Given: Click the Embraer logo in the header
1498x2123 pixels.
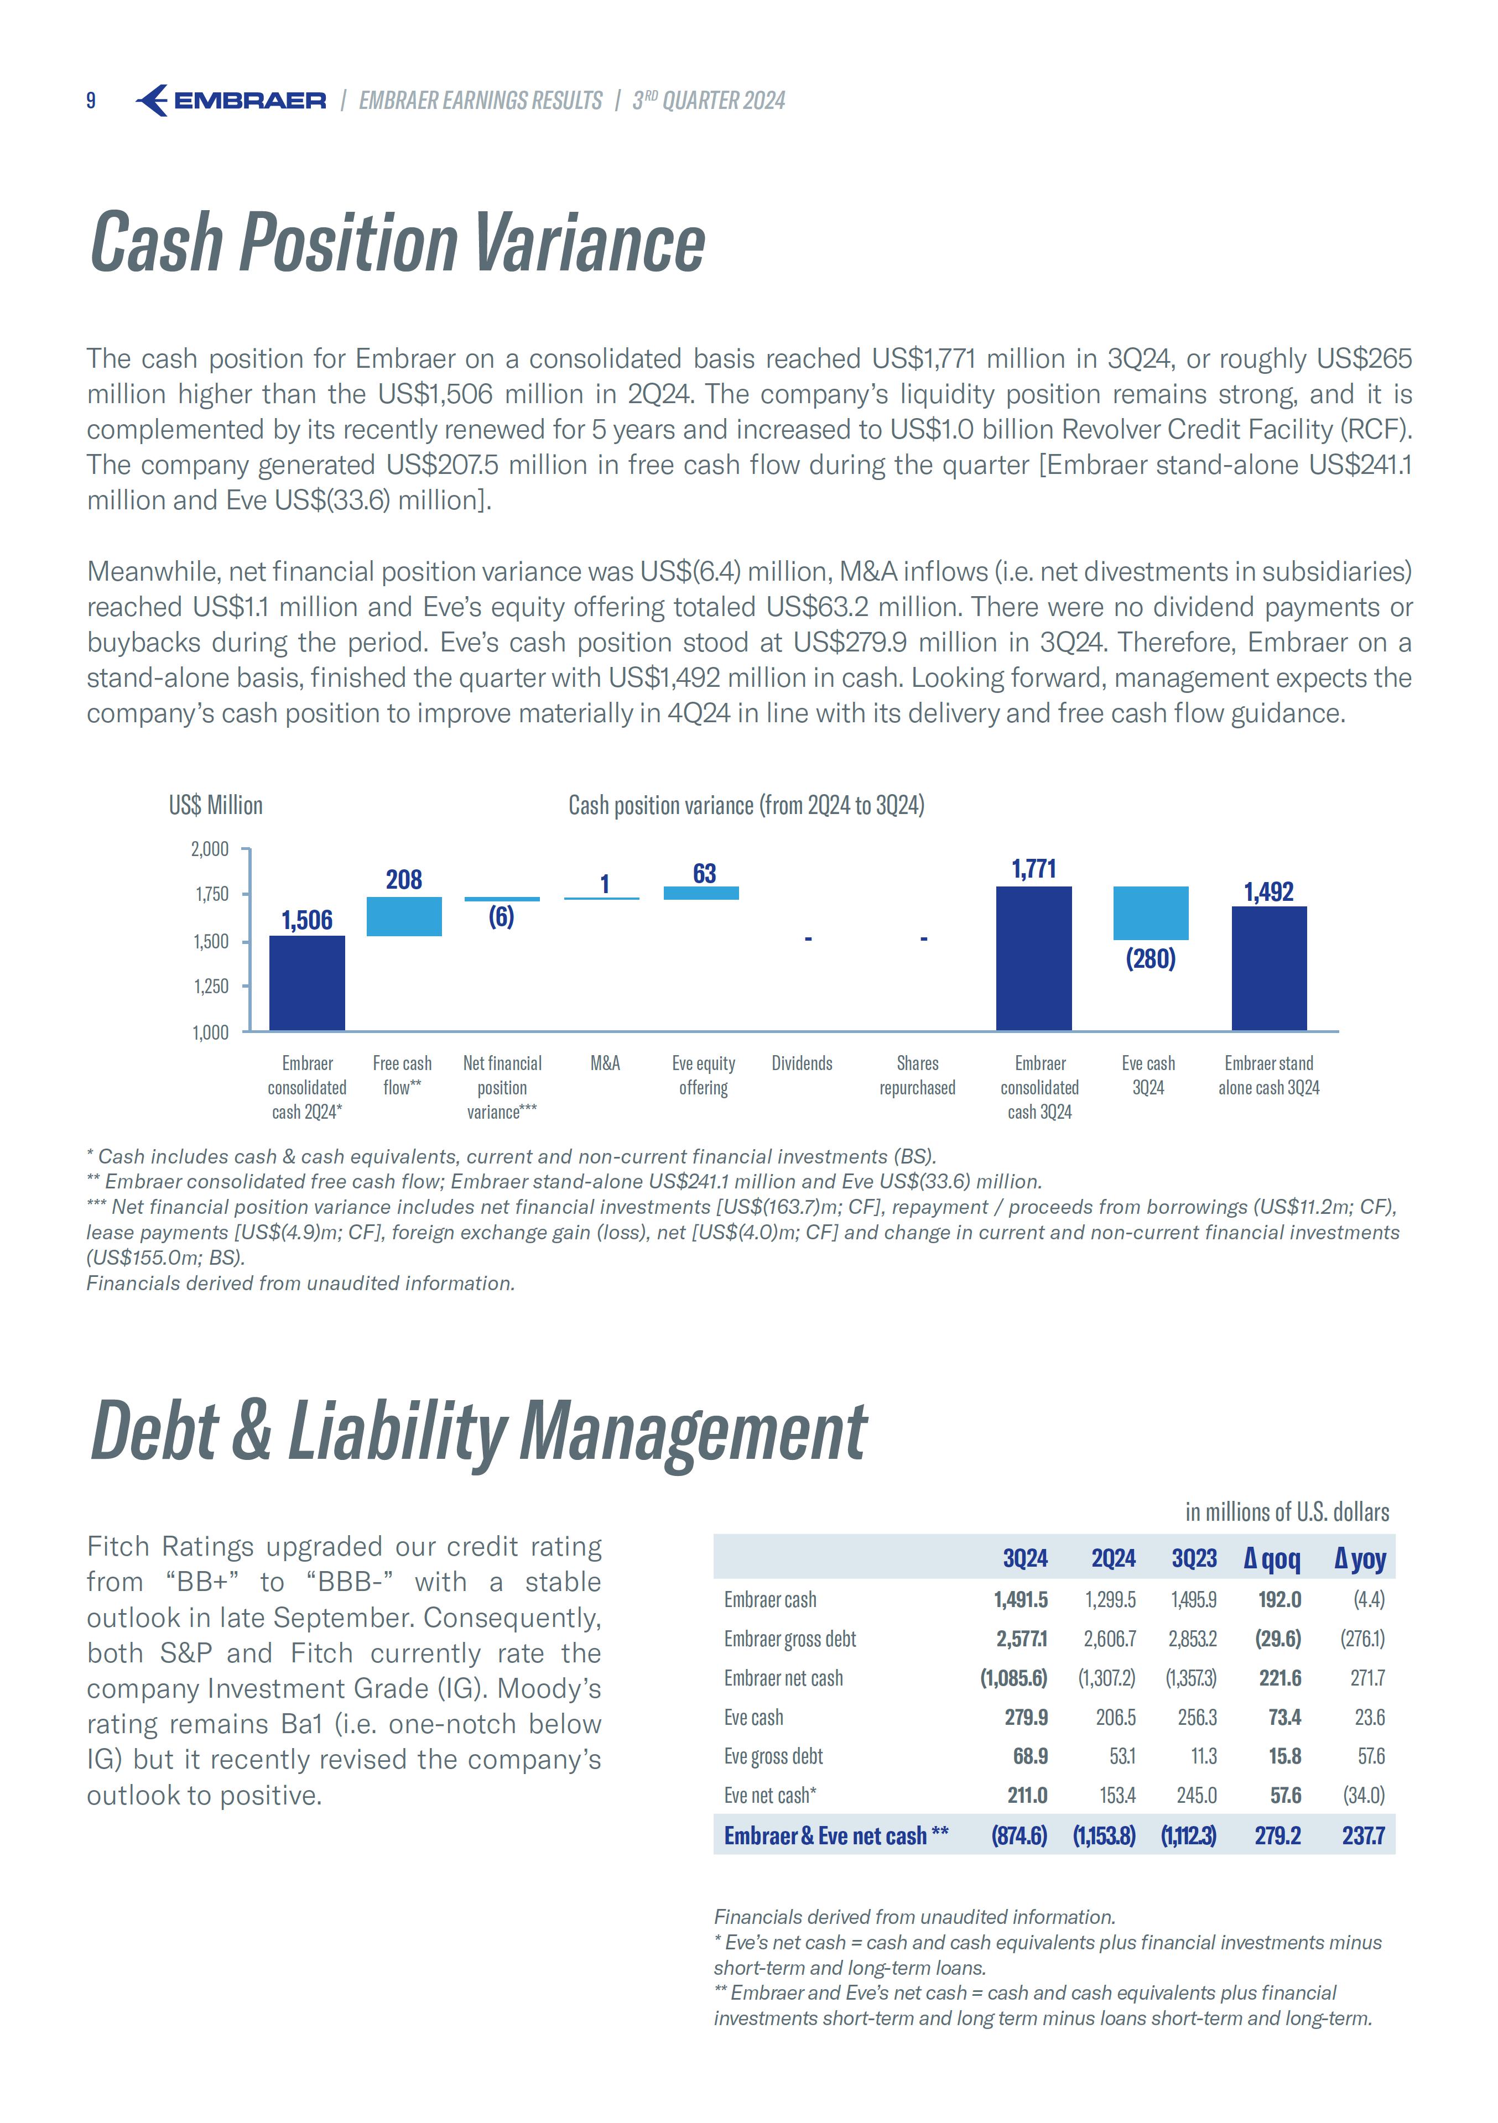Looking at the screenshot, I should point(231,100).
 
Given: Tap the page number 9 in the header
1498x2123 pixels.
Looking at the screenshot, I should point(91,101).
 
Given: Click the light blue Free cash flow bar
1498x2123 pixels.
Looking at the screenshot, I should point(404,916).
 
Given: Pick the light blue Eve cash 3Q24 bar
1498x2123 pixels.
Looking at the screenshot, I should point(1150,912).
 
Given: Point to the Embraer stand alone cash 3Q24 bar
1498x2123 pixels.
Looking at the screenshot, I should point(1268,968).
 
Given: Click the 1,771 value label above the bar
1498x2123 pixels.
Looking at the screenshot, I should point(1034,869).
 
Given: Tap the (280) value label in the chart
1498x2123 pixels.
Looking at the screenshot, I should point(1150,959).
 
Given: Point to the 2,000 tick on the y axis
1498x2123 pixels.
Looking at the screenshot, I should point(210,849).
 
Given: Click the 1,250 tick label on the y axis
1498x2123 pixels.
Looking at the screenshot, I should point(210,987).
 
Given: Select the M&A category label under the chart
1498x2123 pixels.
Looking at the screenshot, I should point(605,1063).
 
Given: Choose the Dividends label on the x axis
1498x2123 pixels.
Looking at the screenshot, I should point(802,1063).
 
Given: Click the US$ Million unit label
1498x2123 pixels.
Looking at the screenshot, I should point(215,805).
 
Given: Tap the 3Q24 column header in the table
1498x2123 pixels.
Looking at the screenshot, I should point(1024,1559).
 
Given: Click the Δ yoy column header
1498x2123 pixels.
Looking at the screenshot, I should point(1359,1559).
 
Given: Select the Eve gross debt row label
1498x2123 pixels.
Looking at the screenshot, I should point(773,1756).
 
